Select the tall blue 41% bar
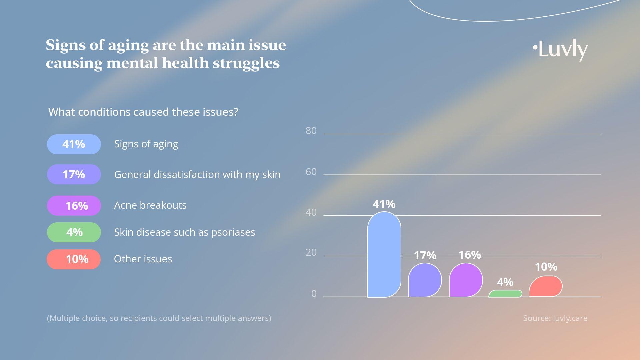(384, 255)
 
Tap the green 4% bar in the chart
(505, 294)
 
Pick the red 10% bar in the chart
(545, 286)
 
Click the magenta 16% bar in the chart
(466, 280)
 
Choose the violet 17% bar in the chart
(425, 280)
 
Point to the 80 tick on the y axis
(311, 131)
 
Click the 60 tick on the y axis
(311, 172)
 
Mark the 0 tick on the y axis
(314, 294)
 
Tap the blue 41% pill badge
(74, 144)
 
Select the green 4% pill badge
(74, 232)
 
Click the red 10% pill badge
(74, 259)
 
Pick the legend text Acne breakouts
(150, 205)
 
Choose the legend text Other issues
(143, 259)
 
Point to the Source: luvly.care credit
(555, 318)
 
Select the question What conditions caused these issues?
(143, 112)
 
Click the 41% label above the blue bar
(384, 204)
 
